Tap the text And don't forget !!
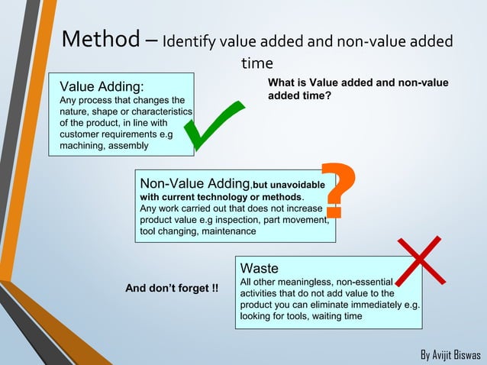click(172, 289)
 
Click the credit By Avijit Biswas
click(451, 356)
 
